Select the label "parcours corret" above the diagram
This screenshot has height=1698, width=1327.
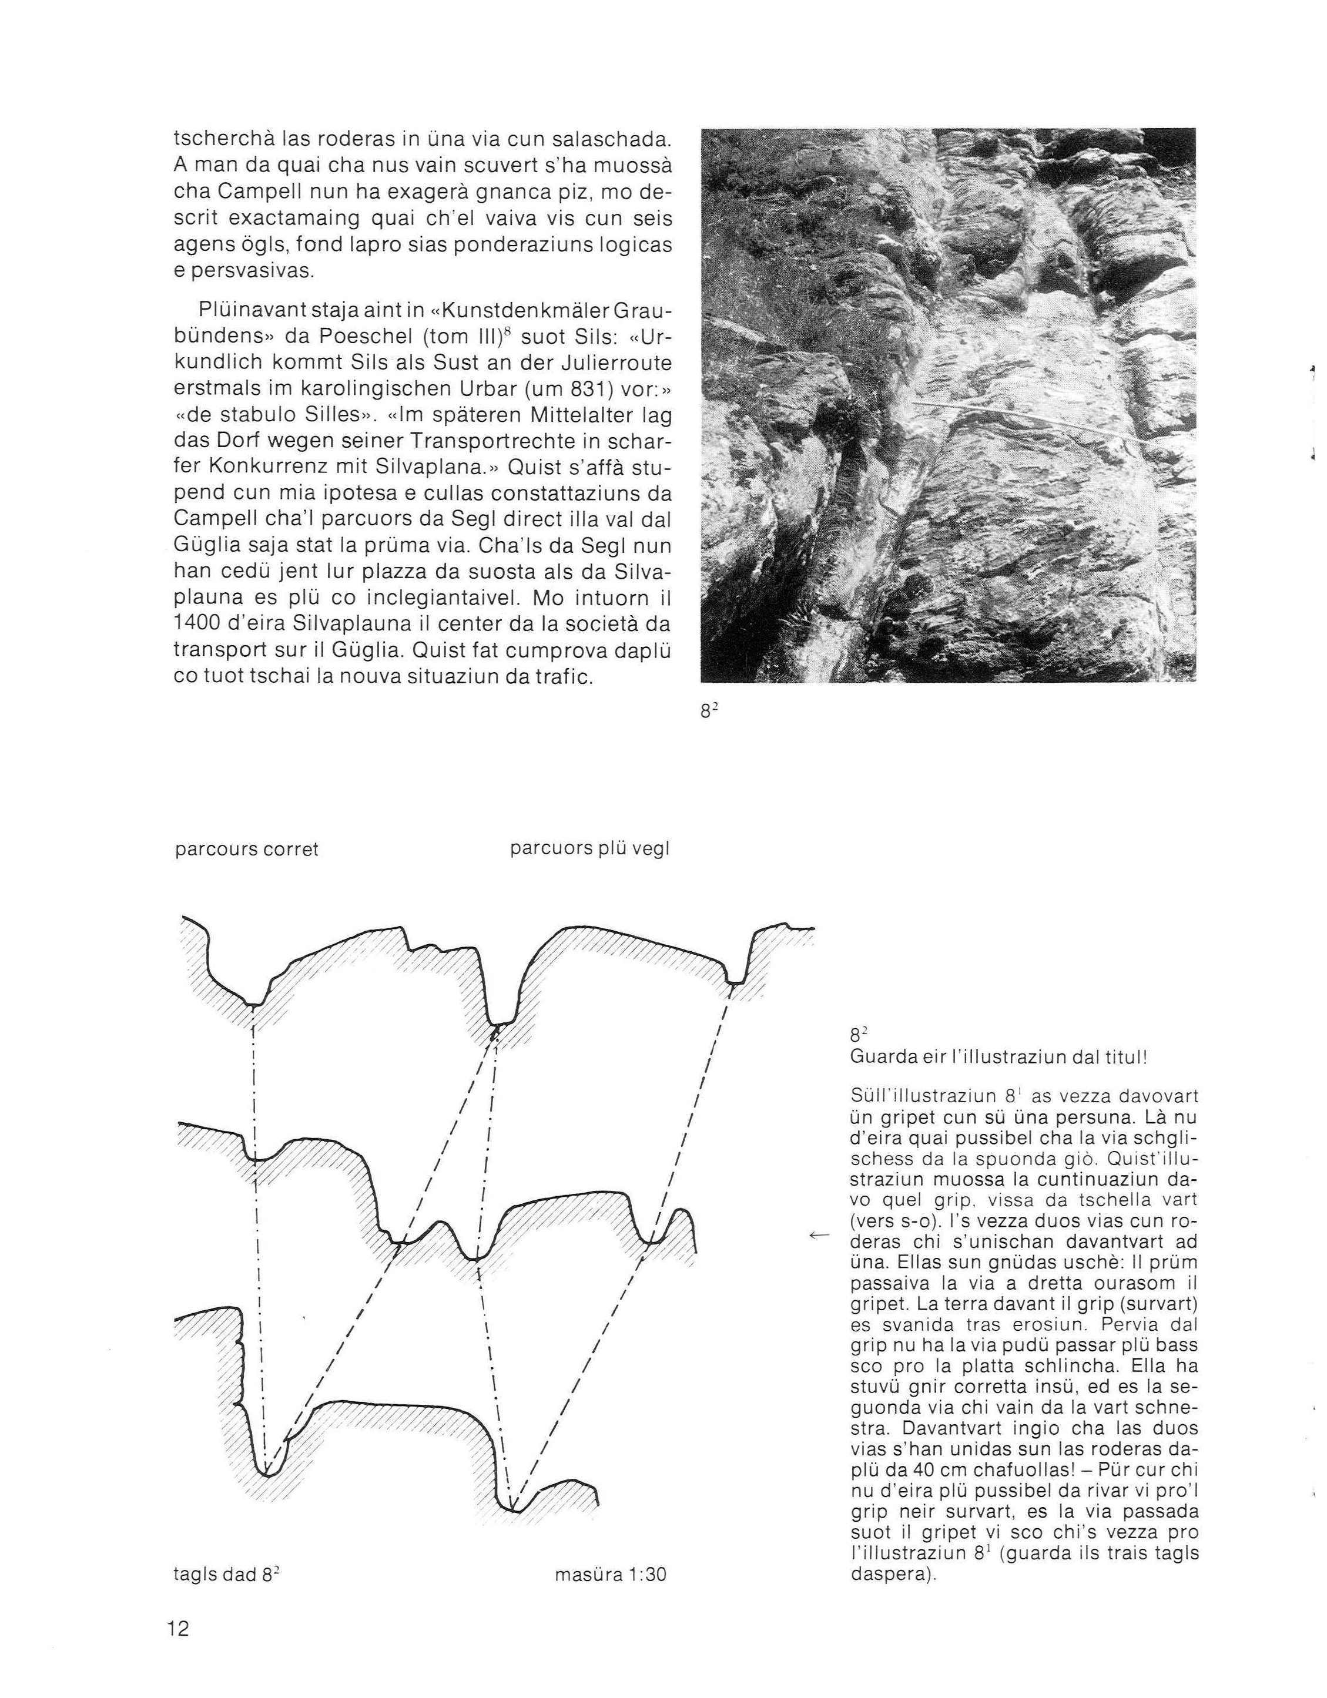click(x=247, y=849)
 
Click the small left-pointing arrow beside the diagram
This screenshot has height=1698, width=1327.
click(x=817, y=1234)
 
